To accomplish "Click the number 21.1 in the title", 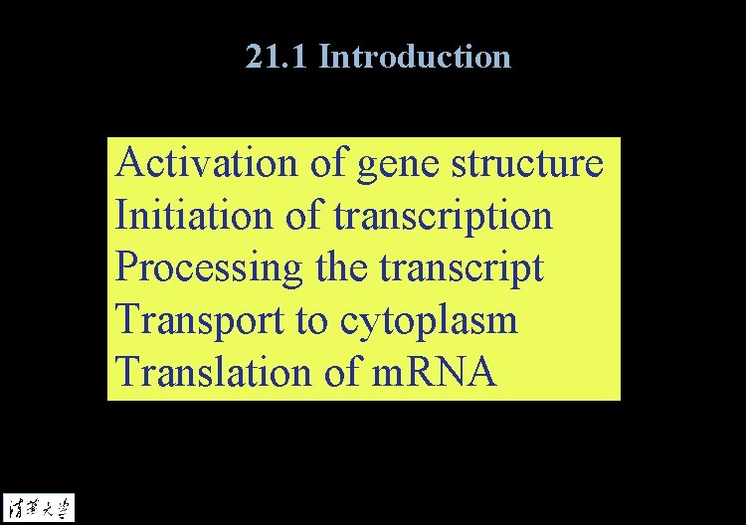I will [278, 57].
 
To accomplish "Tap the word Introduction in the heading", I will [415, 57].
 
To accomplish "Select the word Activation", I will [206, 163].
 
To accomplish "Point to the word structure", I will [527, 163].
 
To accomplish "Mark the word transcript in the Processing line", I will [459, 269].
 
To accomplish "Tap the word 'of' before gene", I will [326, 163].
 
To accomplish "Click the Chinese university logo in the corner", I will [39, 507].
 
